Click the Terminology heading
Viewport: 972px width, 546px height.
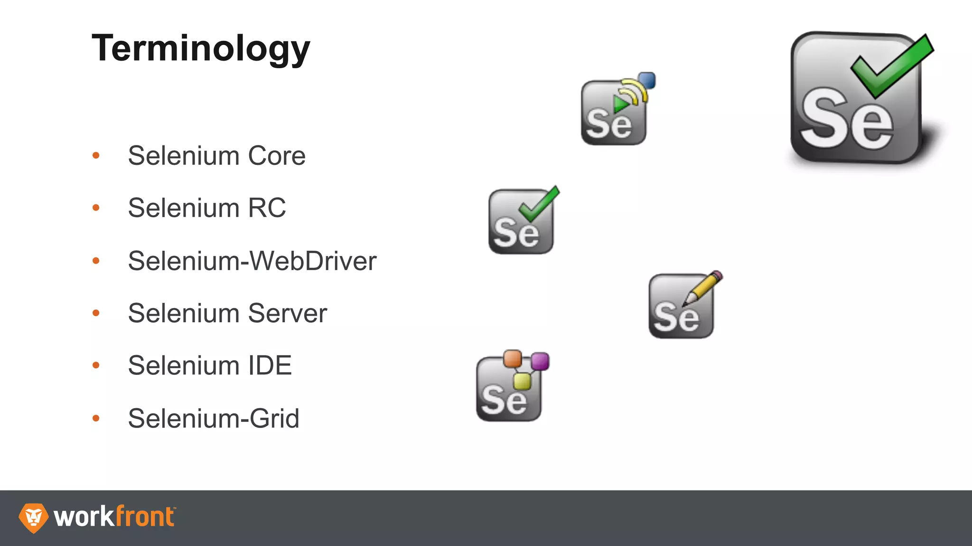tap(201, 48)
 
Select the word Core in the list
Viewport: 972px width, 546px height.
tap(277, 156)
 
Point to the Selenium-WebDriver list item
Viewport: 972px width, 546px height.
tap(252, 261)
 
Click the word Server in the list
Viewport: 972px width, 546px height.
tap(287, 313)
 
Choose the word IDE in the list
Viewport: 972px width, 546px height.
tap(270, 366)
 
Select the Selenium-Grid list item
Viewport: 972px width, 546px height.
tap(214, 419)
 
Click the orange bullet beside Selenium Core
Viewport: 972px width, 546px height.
tap(96, 155)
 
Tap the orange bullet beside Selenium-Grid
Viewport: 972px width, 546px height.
tap(96, 418)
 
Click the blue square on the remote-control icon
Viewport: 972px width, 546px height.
tap(646, 81)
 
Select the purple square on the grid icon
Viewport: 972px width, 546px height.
tap(540, 362)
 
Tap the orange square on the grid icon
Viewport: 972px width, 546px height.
tap(512, 358)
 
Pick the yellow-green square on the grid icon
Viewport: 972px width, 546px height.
tap(522, 381)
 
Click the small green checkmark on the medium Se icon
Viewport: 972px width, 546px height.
tap(538, 205)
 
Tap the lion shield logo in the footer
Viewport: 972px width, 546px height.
tap(33, 518)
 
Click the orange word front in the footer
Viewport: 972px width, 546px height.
tap(145, 517)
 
